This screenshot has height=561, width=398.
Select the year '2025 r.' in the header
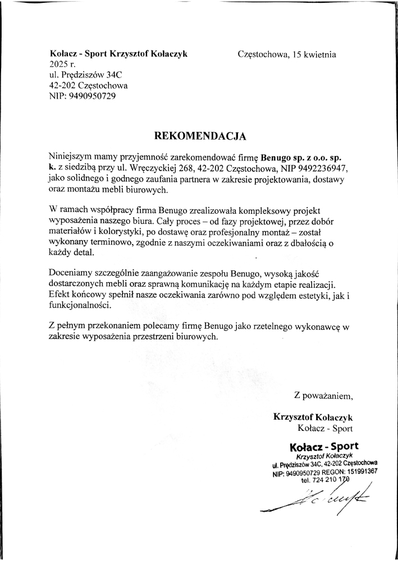point(62,65)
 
